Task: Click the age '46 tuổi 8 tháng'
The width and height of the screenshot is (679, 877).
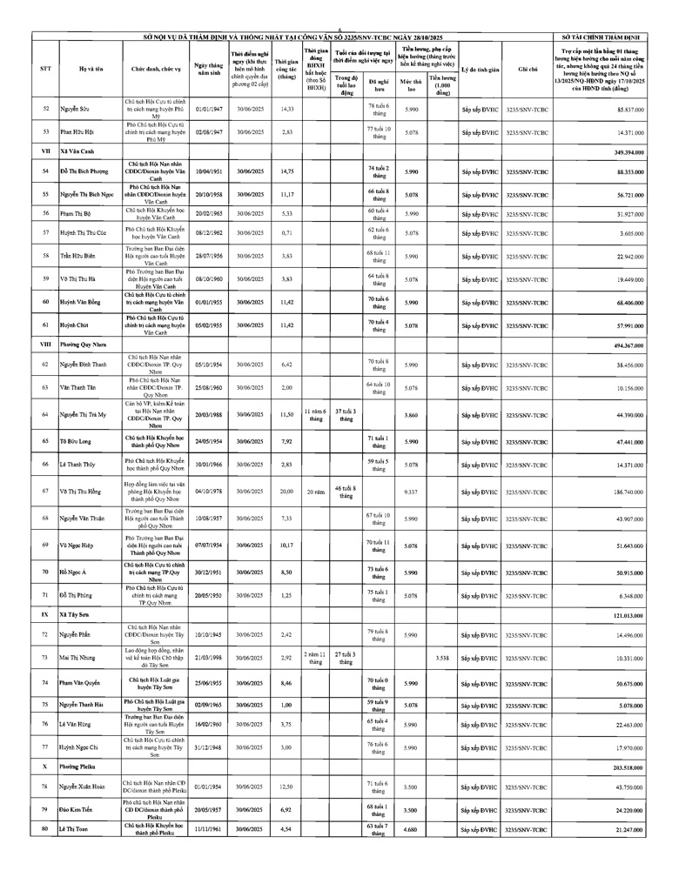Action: (x=346, y=492)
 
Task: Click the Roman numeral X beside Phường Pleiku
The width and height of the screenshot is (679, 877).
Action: (x=45, y=767)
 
